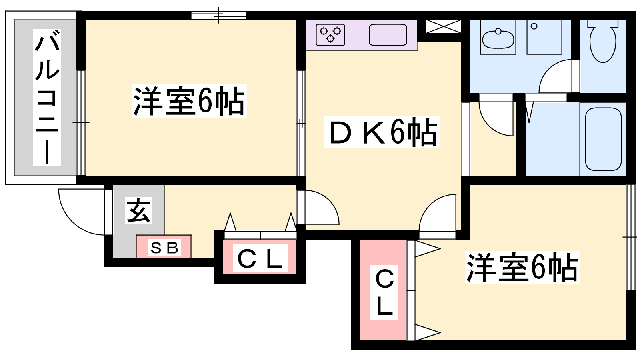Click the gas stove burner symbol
coord(330,34)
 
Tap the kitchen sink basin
coord(388,34)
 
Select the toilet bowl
coord(603,41)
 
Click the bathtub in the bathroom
coord(603,139)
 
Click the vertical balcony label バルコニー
coord(47,98)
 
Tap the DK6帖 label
coord(382,132)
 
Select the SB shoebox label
coord(164,248)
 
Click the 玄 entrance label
coord(138,210)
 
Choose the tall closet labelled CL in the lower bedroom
coord(384,290)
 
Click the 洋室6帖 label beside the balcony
coord(189,101)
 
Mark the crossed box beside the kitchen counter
coord(444,26)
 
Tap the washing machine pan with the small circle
coord(544,37)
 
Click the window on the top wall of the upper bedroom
coord(218,15)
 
